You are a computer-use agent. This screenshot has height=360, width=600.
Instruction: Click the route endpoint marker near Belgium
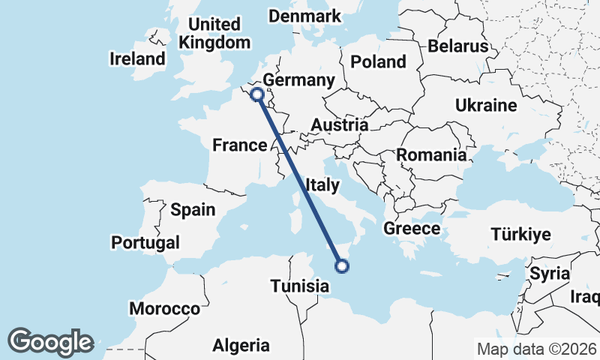pyautogui.click(x=257, y=94)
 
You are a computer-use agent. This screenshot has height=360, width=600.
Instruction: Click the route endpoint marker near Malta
pyautogui.click(x=342, y=265)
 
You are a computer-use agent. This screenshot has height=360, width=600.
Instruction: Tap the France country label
pyautogui.click(x=240, y=145)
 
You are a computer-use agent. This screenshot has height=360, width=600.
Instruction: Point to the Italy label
pyautogui.click(x=323, y=183)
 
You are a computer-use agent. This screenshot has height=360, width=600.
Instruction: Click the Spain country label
pyautogui.click(x=193, y=209)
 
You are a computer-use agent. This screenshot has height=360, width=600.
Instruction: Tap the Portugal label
pyautogui.click(x=145, y=242)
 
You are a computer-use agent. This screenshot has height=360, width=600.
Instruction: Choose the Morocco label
pyautogui.click(x=165, y=308)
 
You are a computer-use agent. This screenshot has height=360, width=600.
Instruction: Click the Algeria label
pyautogui.click(x=241, y=346)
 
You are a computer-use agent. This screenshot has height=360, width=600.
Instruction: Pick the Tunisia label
pyautogui.click(x=300, y=286)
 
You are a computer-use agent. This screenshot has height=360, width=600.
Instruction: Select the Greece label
pyautogui.click(x=411, y=228)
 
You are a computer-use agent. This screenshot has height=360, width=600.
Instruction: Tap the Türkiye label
pyautogui.click(x=521, y=235)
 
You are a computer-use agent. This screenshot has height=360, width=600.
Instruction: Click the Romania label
pyautogui.click(x=431, y=155)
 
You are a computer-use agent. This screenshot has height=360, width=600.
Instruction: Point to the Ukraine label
pyautogui.click(x=486, y=105)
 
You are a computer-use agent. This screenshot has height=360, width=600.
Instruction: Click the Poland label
pyautogui.click(x=379, y=61)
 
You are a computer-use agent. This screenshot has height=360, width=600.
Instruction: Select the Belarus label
pyautogui.click(x=458, y=46)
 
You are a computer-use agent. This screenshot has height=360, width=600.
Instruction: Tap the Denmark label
pyautogui.click(x=304, y=16)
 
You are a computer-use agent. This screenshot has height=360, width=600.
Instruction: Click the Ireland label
pyautogui.click(x=137, y=58)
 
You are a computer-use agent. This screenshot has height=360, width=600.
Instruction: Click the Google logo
pyautogui.click(x=51, y=342)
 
